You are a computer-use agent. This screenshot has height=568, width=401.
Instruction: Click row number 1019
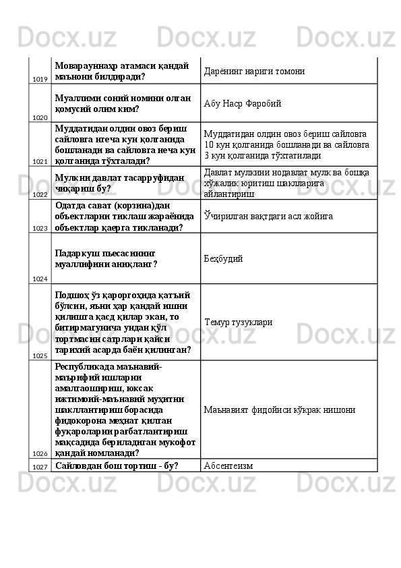[x=39, y=80]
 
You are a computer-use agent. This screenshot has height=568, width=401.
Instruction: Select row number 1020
[x=39, y=117]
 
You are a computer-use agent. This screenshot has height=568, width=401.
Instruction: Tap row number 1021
[x=39, y=162]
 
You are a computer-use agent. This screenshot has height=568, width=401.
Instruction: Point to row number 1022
[x=39, y=194]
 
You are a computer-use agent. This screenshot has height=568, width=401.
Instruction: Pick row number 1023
[x=39, y=229]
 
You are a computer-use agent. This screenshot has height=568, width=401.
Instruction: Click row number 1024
[x=39, y=279]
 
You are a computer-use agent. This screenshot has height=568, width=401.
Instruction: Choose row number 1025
[x=39, y=356]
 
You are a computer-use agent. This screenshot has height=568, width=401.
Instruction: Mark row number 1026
[x=39, y=454]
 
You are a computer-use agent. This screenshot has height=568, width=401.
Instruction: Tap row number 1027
[x=39, y=467]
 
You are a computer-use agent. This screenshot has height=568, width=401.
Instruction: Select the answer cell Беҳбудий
[x=224, y=258]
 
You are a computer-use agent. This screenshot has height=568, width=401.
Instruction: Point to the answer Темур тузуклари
[x=238, y=322]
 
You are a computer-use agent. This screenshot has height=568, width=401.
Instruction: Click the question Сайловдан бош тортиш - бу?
[x=117, y=465]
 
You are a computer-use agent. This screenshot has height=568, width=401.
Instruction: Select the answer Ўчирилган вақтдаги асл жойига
[x=268, y=216]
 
